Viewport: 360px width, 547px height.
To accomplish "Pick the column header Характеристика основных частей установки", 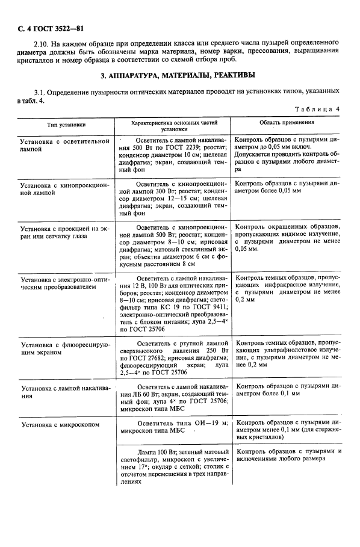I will tap(173, 125).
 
